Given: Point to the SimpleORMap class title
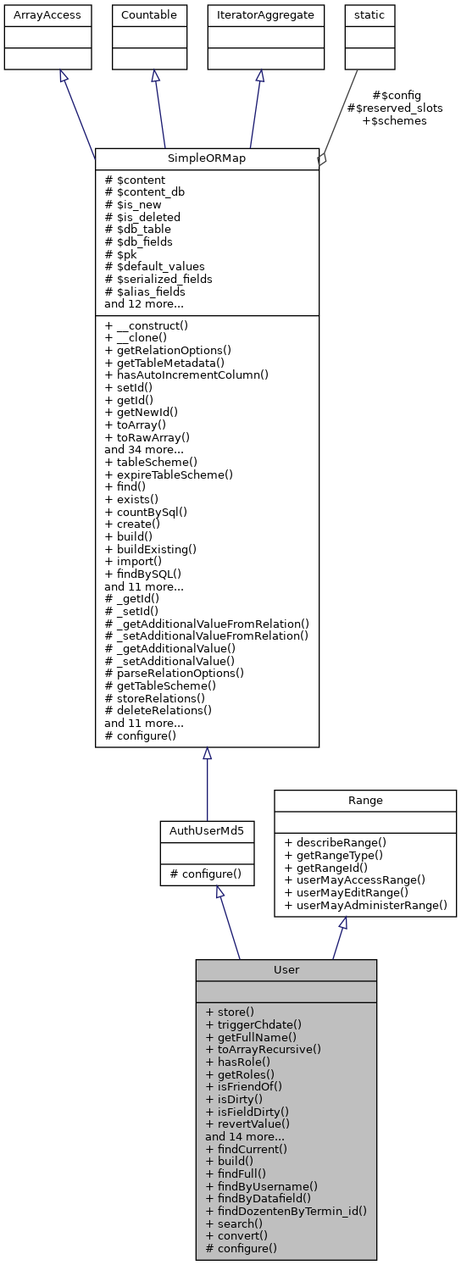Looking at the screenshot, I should (207, 158).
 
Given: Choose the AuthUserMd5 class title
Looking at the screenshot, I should (207, 831).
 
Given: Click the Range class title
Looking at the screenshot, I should (365, 801).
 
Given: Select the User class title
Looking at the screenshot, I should (286, 970).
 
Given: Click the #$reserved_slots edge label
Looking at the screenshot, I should (395, 108).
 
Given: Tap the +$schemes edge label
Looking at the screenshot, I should (395, 121).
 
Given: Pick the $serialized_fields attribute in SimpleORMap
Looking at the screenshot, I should (158, 279).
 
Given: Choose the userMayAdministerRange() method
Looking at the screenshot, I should (365, 905).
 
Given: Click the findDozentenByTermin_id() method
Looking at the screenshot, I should (286, 1211).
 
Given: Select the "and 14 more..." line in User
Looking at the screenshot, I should (245, 1136).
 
